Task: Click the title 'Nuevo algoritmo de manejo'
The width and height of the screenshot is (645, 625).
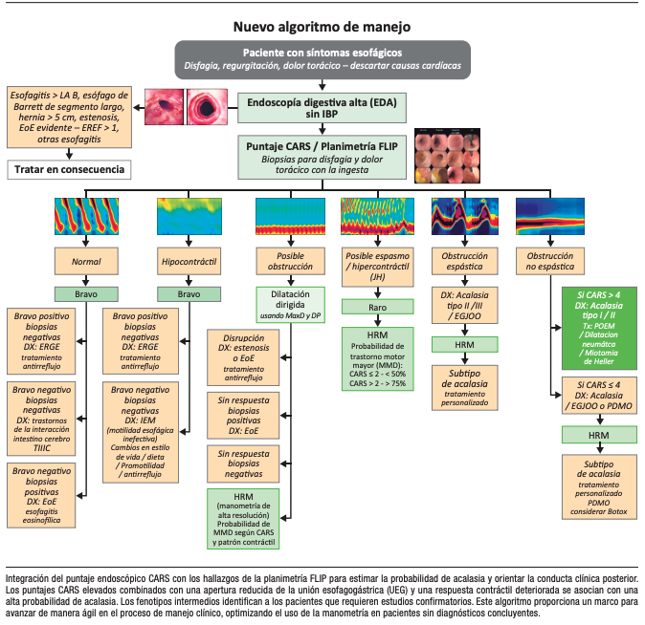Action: click(x=322, y=27)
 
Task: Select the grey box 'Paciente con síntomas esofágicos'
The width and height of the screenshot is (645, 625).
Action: click(x=322, y=58)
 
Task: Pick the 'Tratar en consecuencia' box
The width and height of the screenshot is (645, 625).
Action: click(x=68, y=169)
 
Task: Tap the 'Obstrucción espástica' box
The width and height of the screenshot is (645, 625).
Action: click(x=465, y=260)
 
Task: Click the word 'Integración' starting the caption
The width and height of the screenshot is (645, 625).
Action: click(x=29, y=579)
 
